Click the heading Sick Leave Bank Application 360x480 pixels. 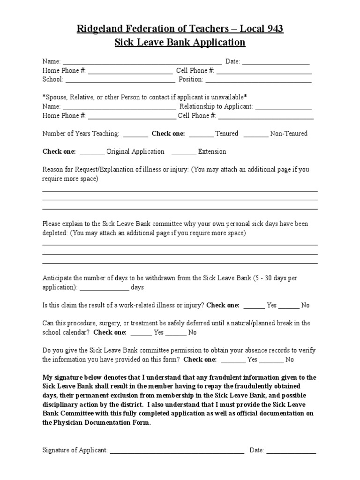(x=180, y=43)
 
